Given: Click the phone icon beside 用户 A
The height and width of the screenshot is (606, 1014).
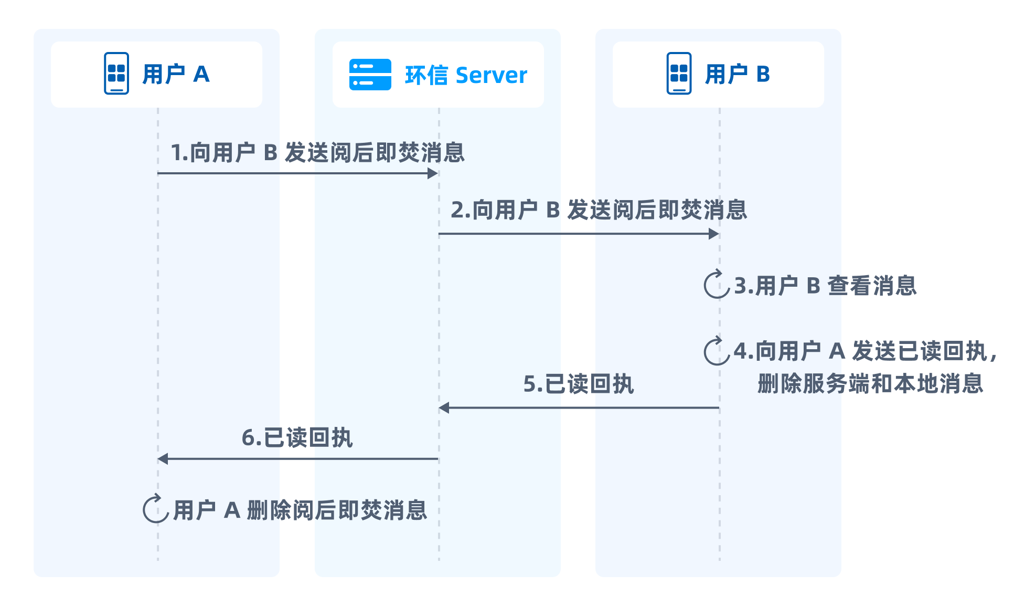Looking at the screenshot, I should click(x=116, y=74).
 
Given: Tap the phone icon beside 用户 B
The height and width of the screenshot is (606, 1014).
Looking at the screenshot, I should click(x=679, y=74).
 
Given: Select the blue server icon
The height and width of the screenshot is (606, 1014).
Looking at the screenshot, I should click(x=370, y=75).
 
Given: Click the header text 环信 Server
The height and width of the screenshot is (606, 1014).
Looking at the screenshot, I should click(x=466, y=75).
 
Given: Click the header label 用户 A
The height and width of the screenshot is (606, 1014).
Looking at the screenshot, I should click(x=176, y=74).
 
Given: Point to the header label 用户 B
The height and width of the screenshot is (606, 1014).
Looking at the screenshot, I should click(x=738, y=74).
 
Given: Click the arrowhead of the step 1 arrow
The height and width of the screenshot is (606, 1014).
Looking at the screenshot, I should click(x=433, y=173).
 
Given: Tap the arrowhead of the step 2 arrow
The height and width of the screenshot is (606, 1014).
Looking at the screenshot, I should click(x=713, y=234).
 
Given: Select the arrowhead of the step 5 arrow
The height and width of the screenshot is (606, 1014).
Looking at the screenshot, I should click(x=444, y=408).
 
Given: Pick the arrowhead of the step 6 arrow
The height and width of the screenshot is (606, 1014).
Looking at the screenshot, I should click(x=163, y=459).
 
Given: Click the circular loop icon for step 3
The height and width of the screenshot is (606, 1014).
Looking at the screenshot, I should click(x=717, y=285).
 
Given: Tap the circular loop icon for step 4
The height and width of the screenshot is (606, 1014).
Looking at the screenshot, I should click(x=717, y=351).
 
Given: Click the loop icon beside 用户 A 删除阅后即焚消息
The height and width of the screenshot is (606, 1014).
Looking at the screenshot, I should click(x=155, y=509).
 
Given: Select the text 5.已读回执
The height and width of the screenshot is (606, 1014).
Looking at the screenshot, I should click(x=579, y=384).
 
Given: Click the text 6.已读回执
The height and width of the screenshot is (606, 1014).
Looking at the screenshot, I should click(x=297, y=437).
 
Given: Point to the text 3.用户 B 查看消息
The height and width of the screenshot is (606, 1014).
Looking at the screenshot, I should click(x=825, y=286).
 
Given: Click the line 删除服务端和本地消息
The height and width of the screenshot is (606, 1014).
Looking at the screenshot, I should click(x=870, y=384).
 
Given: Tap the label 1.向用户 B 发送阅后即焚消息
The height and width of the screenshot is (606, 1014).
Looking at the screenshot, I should click(x=317, y=152).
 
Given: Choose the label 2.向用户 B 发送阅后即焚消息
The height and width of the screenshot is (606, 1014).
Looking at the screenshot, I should click(x=599, y=210).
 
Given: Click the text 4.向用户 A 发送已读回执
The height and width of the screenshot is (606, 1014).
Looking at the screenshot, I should click(x=860, y=351).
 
